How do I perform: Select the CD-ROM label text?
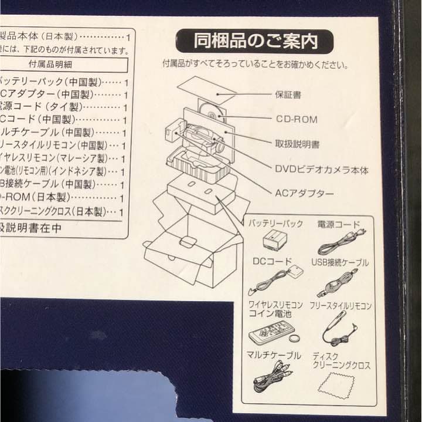coord(297,119)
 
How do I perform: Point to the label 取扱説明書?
coord(297,143)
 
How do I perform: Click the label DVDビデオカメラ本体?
coord(322,169)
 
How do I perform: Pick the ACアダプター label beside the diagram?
coord(305,193)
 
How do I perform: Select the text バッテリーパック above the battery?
coord(275,224)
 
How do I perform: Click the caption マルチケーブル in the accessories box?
coord(274,356)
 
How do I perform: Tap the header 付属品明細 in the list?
coord(55,63)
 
